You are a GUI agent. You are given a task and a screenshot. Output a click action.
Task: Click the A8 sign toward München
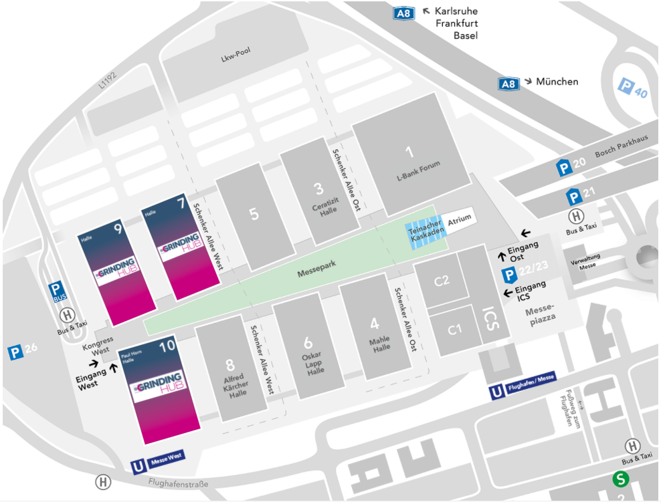(x=508, y=84)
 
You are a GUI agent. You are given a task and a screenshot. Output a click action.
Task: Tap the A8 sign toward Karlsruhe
(x=403, y=13)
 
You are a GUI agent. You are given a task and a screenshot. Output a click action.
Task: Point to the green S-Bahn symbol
(x=621, y=479)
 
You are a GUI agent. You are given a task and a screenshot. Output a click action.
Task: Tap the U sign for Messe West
(x=138, y=467)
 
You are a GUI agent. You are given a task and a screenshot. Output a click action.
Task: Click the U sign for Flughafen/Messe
(x=496, y=392)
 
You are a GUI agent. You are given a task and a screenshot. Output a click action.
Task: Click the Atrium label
(x=459, y=219)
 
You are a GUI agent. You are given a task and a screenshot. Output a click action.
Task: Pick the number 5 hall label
(x=254, y=214)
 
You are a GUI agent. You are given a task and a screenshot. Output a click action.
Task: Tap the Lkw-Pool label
(x=236, y=55)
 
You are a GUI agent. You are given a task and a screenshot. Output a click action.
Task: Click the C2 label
(x=442, y=281)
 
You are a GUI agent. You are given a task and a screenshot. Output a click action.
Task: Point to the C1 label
(x=454, y=330)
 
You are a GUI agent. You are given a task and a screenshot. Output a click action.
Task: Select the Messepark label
(x=316, y=269)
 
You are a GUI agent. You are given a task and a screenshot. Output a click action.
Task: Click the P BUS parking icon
(x=57, y=291)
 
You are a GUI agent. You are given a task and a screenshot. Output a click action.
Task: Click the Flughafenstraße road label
(x=178, y=483)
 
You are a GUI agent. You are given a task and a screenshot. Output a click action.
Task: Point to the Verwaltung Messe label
(x=586, y=262)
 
